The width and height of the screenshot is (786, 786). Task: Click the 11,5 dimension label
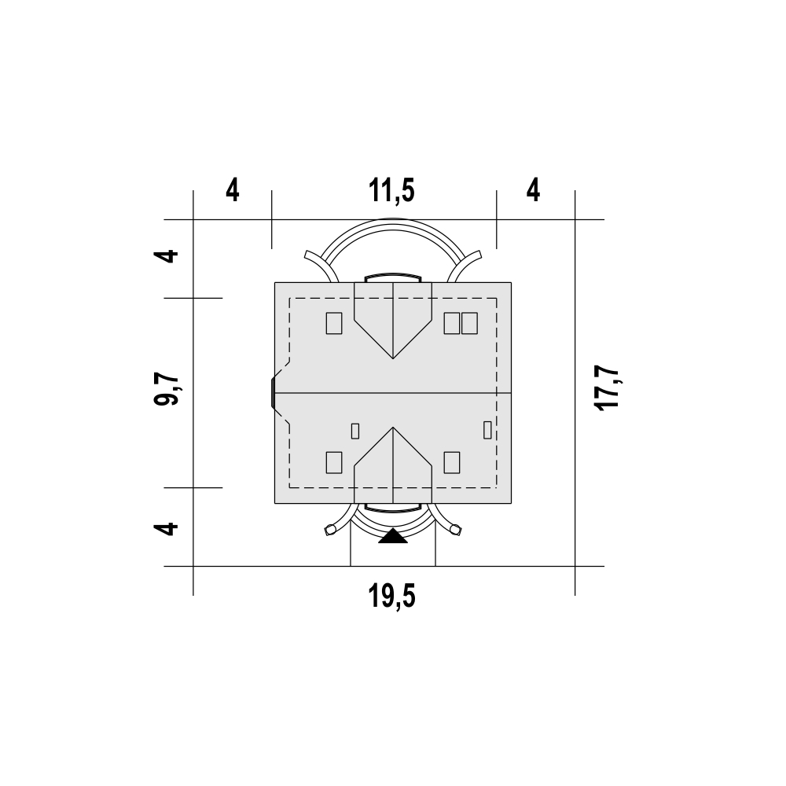[392, 192]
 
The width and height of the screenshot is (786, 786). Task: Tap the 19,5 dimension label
[392, 597]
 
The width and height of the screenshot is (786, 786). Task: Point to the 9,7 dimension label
[167, 390]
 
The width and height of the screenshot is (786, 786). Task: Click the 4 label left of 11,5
[233, 191]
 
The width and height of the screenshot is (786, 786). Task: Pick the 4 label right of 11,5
[534, 191]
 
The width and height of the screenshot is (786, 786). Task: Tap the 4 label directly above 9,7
[167, 255]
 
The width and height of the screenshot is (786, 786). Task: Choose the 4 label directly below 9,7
[167, 529]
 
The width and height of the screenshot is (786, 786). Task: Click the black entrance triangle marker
[393, 536]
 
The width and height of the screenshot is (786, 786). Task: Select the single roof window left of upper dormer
[334, 323]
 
